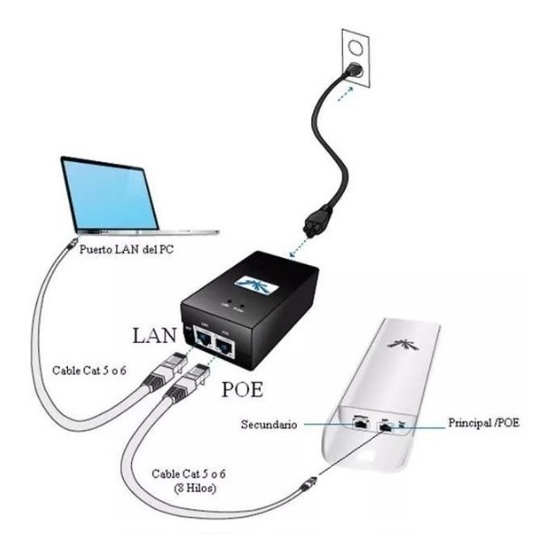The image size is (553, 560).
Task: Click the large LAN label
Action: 154,336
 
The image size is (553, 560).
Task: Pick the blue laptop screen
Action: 110,193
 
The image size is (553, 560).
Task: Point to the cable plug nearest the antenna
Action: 311,484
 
